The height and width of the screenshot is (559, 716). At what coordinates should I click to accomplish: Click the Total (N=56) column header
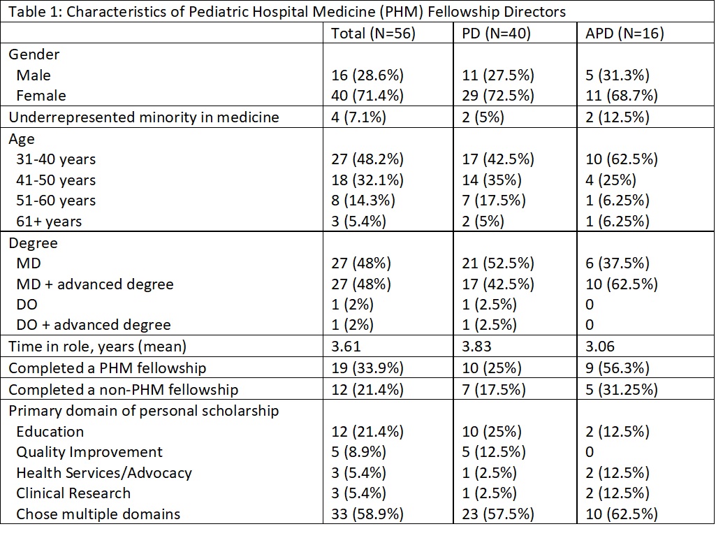click(x=373, y=34)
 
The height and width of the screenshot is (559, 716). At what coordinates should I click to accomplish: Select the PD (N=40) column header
click(x=497, y=34)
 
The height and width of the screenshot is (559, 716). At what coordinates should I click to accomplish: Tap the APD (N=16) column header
click(x=624, y=34)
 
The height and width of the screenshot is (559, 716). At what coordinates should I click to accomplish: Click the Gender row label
click(x=34, y=55)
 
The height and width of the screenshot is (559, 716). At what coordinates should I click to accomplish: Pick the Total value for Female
click(x=367, y=96)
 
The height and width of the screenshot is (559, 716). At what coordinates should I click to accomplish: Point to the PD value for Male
click(x=498, y=75)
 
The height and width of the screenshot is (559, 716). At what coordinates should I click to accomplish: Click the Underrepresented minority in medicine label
click(x=144, y=117)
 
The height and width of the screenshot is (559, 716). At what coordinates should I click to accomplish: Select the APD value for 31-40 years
click(x=622, y=159)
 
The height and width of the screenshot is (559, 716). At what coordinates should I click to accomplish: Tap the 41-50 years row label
click(x=56, y=180)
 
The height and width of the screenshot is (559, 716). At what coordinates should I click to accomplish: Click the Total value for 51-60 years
click(x=363, y=201)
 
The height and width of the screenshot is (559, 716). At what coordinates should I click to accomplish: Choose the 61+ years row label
click(x=49, y=222)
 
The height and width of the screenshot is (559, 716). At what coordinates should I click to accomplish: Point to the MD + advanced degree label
click(x=95, y=284)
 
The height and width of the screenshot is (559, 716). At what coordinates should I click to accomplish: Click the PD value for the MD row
click(x=498, y=263)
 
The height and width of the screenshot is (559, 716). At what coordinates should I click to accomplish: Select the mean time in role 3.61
click(x=346, y=346)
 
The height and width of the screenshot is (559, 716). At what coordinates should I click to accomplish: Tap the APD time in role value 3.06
click(x=600, y=346)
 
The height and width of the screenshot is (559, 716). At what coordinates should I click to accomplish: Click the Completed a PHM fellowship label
click(x=108, y=368)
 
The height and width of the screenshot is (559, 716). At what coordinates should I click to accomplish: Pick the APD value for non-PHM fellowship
click(x=622, y=390)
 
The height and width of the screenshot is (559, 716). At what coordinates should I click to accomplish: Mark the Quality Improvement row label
click(x=89, y=452)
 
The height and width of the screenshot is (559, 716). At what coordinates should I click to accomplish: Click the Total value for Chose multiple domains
click(x=367, y=514)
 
